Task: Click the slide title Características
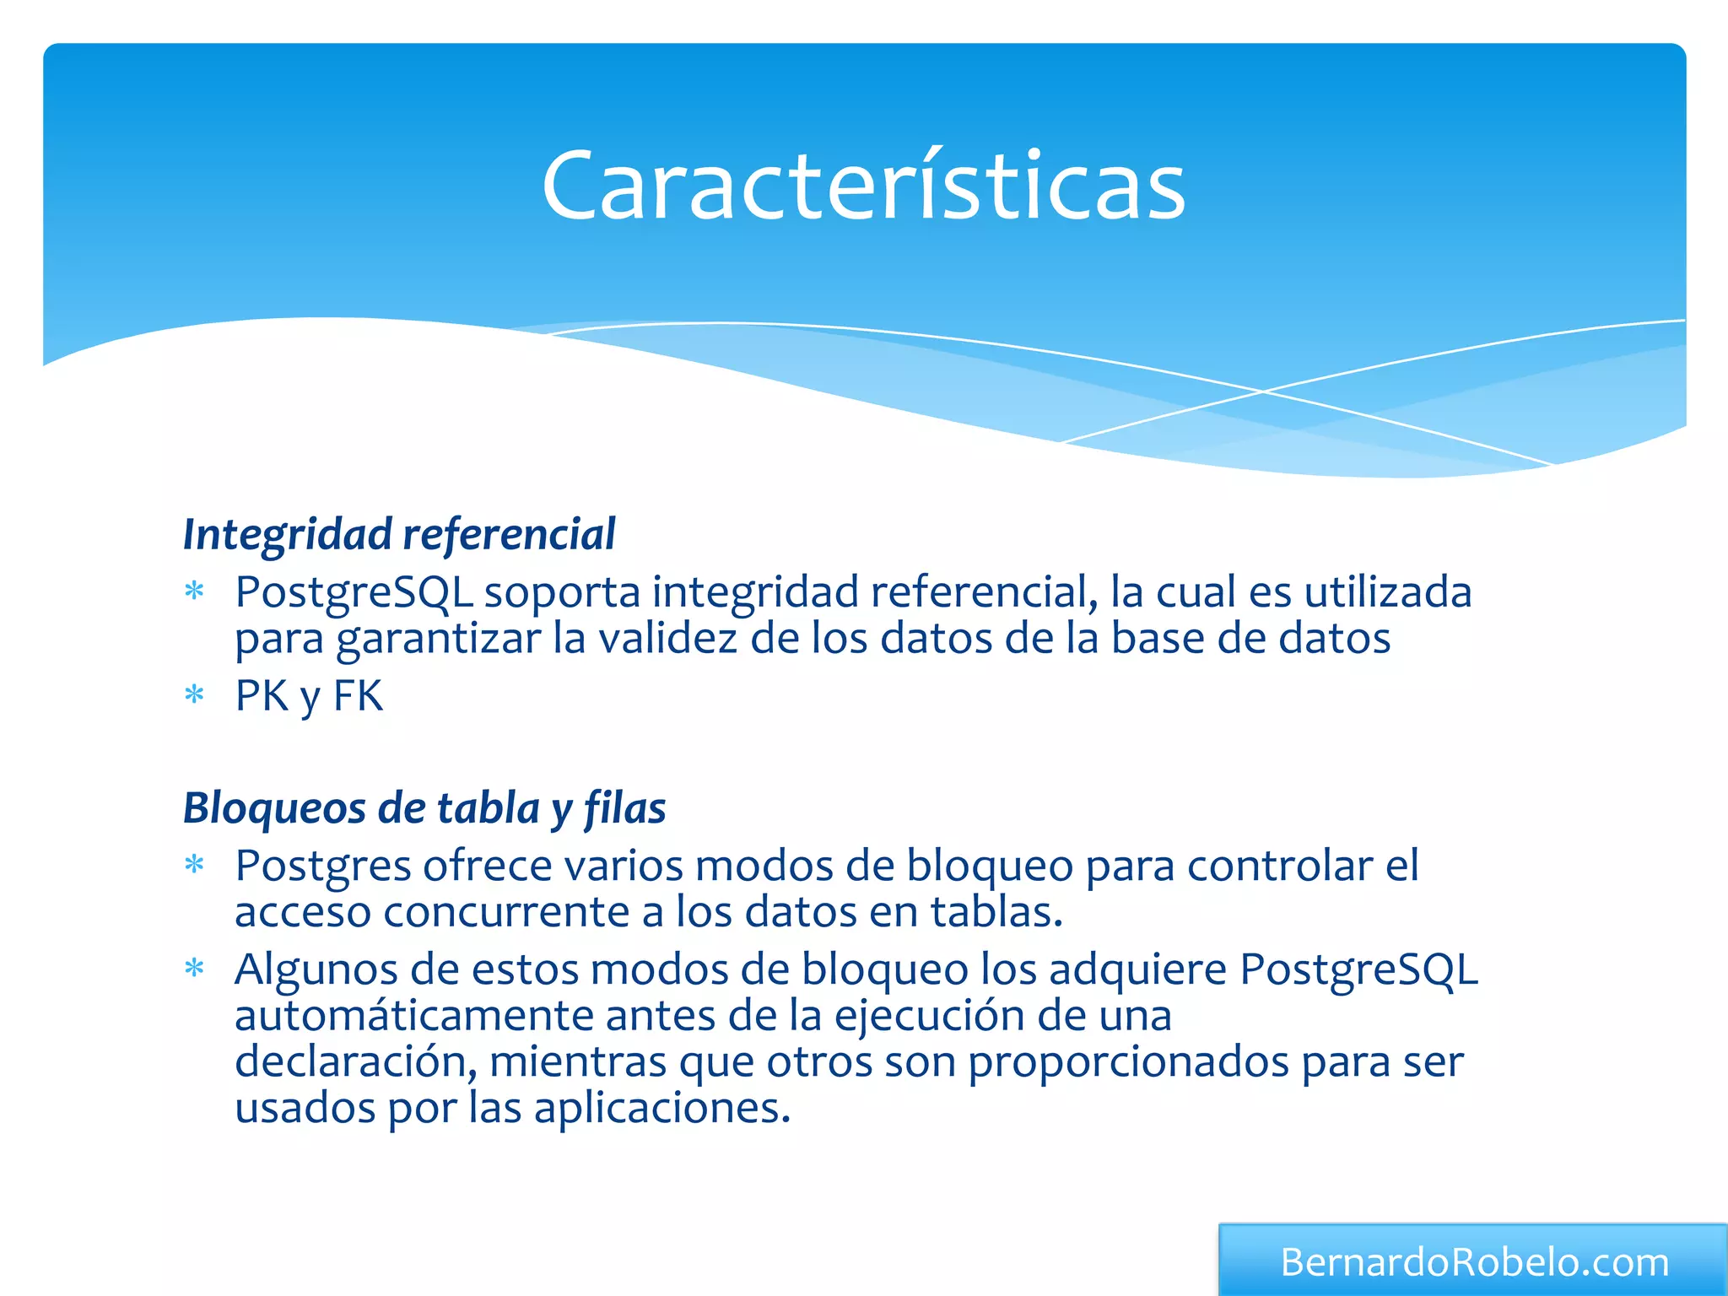863,186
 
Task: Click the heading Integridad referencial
399,535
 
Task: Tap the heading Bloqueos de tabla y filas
424,808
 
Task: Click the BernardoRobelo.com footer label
1474,1262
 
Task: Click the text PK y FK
309,697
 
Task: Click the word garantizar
439,640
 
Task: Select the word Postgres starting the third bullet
323,867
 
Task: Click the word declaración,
355,1061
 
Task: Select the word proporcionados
1128,1063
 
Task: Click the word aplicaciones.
662,1108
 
